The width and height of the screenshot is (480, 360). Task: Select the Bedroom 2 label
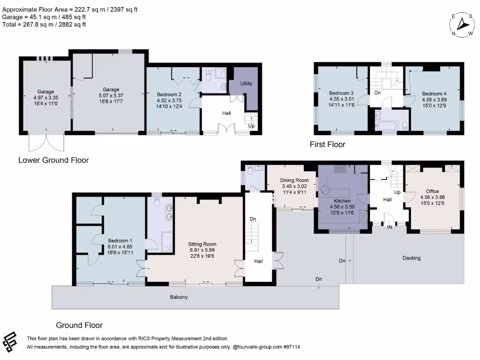pos(169,94)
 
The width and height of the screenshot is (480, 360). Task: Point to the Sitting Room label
pos(202,244)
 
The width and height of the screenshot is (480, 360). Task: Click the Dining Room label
pos(294,180)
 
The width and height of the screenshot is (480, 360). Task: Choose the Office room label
pos(433,191)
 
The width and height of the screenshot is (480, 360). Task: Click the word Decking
pos(412,258)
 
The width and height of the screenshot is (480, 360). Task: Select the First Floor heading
pos(327,144)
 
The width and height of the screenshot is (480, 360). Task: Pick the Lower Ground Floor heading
pos(53,160)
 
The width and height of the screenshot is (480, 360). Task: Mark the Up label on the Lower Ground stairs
pos(252,126)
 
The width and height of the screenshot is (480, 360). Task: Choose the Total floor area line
pos(44,24)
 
